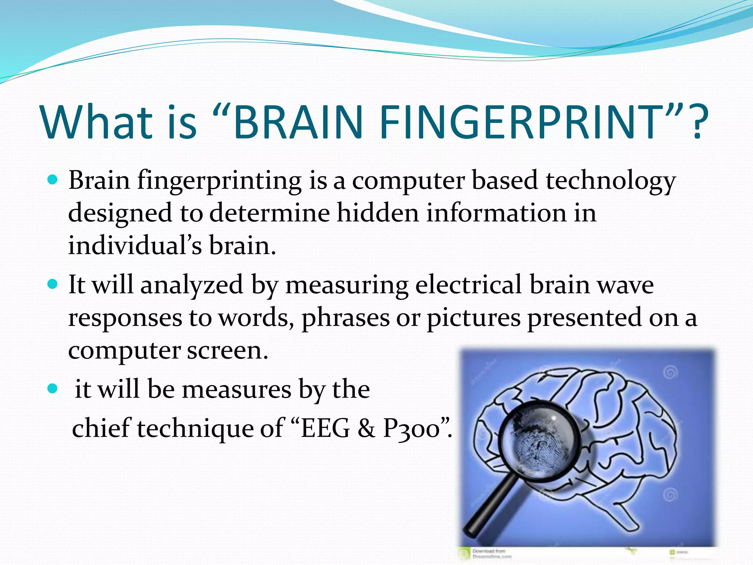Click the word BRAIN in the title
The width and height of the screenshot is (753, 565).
point(297,122)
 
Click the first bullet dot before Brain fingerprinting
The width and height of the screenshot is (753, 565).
point(53,180)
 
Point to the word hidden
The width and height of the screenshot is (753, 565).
point(378,213)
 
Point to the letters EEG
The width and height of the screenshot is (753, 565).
point(325,429)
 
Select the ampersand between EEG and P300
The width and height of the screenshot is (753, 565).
point(366,429)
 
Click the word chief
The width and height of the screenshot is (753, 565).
point(101,428)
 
